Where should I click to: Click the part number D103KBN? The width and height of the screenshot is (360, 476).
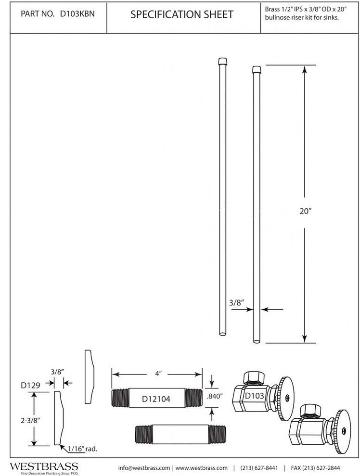click(77, 14)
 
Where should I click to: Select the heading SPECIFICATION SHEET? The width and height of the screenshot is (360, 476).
click(181, 14)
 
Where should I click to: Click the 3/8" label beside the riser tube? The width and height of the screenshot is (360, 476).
click(237, 302)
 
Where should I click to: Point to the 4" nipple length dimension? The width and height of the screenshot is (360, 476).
click(157, 374)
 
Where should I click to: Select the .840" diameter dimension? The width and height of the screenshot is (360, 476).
click(215, 396)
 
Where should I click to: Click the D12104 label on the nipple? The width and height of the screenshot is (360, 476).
click(156, 399)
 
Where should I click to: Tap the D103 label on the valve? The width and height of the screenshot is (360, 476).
click(255, 396)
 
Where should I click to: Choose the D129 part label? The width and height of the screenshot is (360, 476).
click(30, 386)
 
